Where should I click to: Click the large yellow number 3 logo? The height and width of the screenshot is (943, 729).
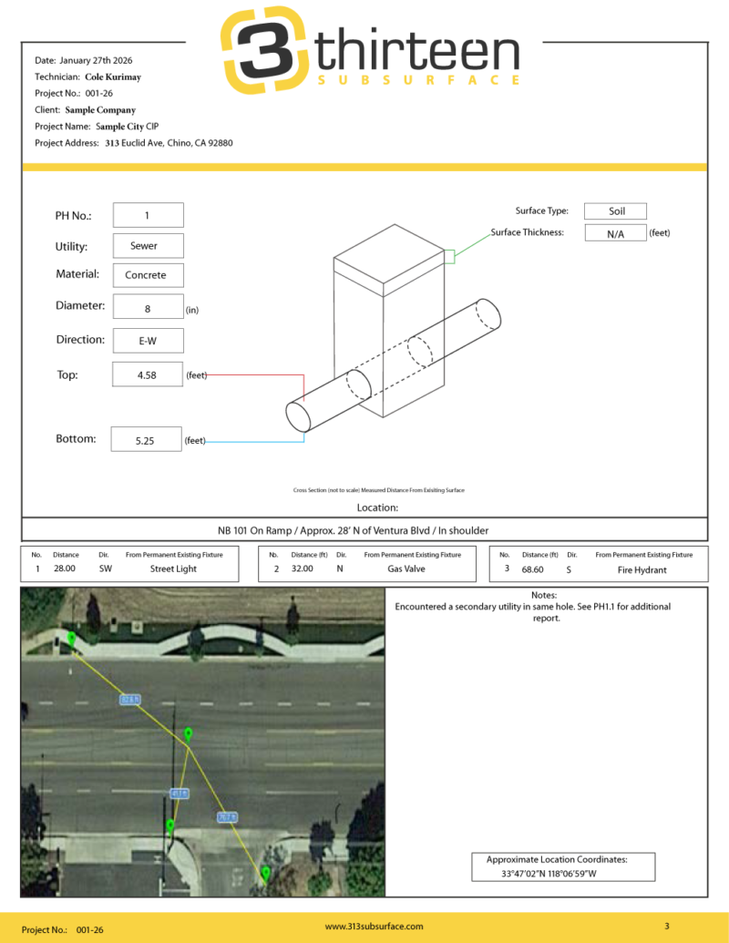click(263, 51)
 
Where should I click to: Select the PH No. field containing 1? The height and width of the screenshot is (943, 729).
click(147, 215)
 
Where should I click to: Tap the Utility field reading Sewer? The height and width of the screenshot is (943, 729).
click(147, 246)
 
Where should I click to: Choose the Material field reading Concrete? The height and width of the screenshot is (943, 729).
click(147, 275)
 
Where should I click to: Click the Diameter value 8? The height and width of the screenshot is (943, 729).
click(147, 309)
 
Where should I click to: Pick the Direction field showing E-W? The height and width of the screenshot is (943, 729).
click(147, 341)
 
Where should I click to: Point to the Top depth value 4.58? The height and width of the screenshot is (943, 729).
click(147, 374)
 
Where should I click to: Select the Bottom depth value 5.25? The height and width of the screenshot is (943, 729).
click(146, 440)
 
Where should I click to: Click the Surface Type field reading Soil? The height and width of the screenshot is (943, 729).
click(616, 211)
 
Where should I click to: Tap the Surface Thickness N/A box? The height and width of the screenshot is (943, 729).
click(616, 234)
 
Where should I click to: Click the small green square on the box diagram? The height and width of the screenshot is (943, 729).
click(448, 257)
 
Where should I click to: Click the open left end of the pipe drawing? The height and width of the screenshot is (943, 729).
click(298, 416)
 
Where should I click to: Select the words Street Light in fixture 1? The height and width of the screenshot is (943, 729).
click(174, 569)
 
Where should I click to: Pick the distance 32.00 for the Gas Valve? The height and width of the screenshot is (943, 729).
click(302, 569)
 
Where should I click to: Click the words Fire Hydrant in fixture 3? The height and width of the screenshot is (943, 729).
click(643, 569)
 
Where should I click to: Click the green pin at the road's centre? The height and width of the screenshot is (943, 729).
click(188, 733)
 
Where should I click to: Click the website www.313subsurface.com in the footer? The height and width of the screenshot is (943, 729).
click(374, 927)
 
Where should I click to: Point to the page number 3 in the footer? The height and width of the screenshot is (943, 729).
click(666, 927)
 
